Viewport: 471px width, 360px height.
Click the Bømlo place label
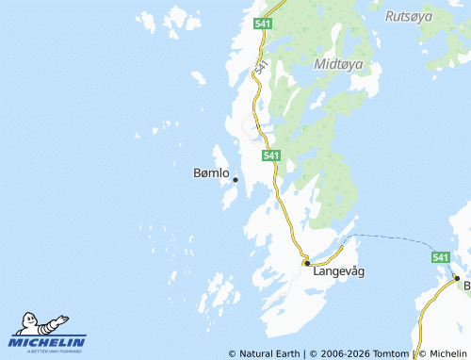pos(210,173)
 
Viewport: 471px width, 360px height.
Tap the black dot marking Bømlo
pos(235,179)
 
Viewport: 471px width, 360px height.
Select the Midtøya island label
pos(340,65)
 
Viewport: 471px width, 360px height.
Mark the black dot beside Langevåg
pos(307,264)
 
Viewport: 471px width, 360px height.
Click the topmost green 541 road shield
pos(263,23)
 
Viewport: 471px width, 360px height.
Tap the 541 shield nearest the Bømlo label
pos(270,155)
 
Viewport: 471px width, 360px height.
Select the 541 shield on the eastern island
pos(440,257)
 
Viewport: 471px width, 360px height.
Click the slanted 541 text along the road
pos(260,67)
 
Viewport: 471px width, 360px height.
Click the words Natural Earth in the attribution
pos(268,353)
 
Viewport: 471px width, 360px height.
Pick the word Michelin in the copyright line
pos(448,353)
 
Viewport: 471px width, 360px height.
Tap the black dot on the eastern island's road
pos(456,278)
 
